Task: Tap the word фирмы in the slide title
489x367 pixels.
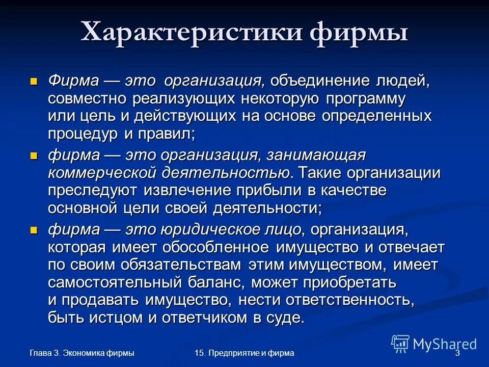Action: point(358,33)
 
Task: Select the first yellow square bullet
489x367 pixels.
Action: point(34,81)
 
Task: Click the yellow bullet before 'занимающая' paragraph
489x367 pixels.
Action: point(34,155)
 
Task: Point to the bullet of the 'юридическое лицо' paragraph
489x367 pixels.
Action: point(34,230)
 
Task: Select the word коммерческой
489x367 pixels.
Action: point(101,173)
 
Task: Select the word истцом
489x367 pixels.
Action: point(112,319)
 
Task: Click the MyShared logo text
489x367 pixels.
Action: point(444,344)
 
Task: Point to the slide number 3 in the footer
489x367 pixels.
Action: point(457,353)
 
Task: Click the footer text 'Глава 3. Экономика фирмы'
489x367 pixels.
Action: point(82,353)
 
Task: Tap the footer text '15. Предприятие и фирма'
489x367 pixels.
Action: point(244,353)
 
